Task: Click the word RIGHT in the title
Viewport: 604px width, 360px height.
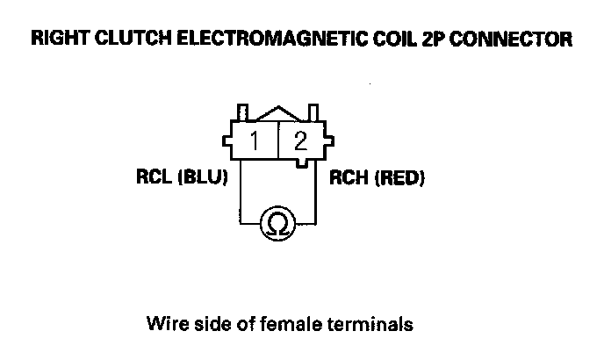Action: pos(58,40)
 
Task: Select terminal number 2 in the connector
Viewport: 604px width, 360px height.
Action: pos(300,140)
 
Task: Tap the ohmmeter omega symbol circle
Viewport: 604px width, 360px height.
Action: pos(277,224)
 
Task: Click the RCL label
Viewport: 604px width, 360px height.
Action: pos(155,179)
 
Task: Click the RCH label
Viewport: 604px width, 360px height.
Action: pos(348,179)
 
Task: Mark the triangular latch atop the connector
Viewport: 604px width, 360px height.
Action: pos(277,113)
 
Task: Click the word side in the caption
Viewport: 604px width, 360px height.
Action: pos(211,324)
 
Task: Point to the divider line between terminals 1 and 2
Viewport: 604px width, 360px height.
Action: pos(277,140)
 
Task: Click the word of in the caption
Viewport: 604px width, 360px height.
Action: pos(247,324)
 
